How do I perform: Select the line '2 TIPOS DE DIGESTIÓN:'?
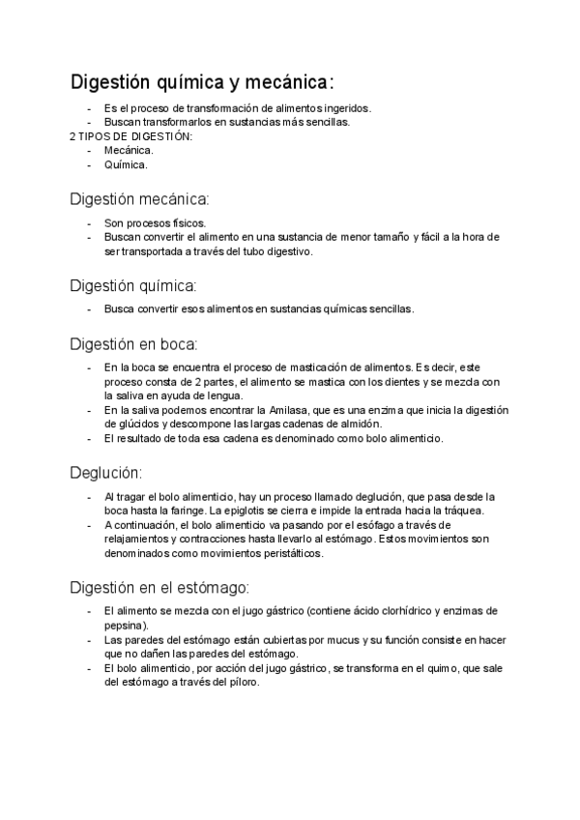[x=131, y=136]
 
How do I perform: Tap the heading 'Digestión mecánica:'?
[x=139, y=200]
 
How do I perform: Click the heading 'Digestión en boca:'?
[x=134, y=343]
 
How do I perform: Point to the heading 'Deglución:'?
[x=106, y=472]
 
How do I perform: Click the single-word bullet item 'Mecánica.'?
[x=129, y=150]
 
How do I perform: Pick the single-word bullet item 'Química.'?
[x=127, y=164]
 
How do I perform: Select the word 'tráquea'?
[x=471, y=511]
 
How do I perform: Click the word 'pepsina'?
[x=124, y=626]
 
